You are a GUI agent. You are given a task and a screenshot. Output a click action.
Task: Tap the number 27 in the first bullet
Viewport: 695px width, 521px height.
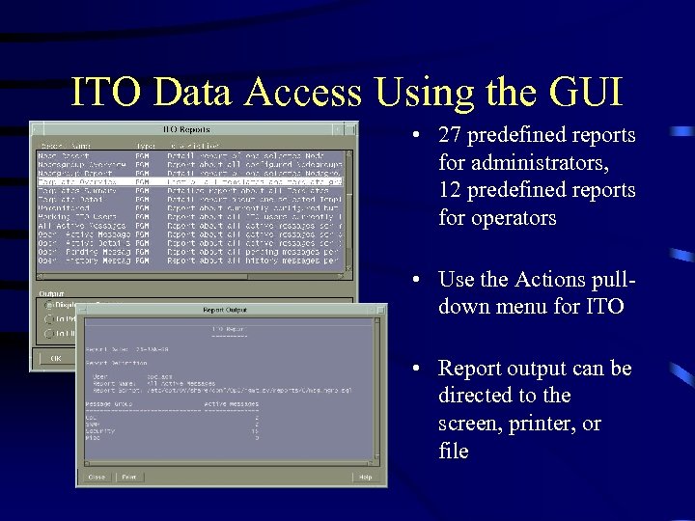click(450, 135)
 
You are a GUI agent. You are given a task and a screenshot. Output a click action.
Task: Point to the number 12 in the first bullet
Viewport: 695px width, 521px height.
click(450, 190)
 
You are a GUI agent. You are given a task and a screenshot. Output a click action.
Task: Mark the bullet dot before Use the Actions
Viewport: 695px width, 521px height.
click(414, 280)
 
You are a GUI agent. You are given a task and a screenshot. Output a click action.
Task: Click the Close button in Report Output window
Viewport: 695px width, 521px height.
click(97, 477)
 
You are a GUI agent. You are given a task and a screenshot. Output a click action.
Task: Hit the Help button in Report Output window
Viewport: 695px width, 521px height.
click(365, 477)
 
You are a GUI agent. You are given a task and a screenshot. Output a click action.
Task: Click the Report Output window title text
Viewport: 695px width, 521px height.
click(224, 310)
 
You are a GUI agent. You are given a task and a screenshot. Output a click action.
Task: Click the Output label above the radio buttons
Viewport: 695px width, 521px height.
click(50, 292)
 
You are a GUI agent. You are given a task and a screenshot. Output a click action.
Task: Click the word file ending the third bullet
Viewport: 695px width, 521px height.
click(454, 451)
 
